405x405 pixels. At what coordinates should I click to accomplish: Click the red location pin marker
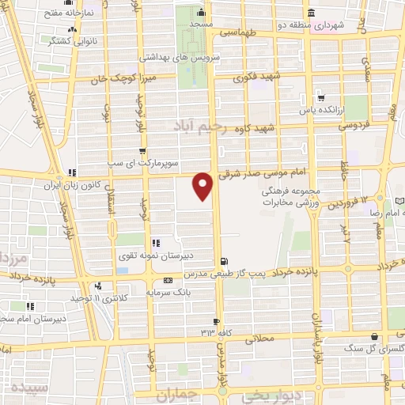coord(204,187)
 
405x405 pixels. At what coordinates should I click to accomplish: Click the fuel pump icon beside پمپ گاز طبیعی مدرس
coord(225,260)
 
